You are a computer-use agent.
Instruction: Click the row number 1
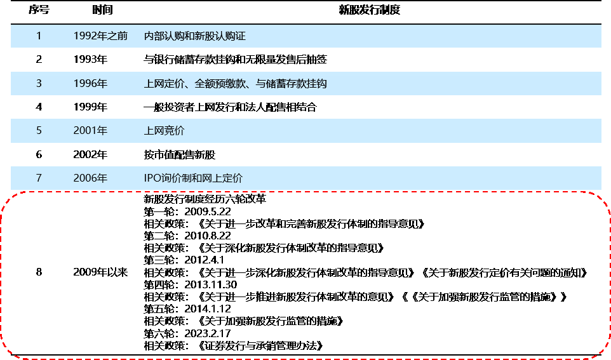39,36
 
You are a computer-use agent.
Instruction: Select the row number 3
39,83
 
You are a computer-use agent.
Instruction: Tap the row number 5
39,131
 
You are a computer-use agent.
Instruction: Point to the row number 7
39,178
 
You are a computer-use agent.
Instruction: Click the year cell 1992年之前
100,36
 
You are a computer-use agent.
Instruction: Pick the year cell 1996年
90,83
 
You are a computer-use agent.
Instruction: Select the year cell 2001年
90,131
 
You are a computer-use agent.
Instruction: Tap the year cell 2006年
90,178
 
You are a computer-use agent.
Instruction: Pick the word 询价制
177,178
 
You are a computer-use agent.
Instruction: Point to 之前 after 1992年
117,36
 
